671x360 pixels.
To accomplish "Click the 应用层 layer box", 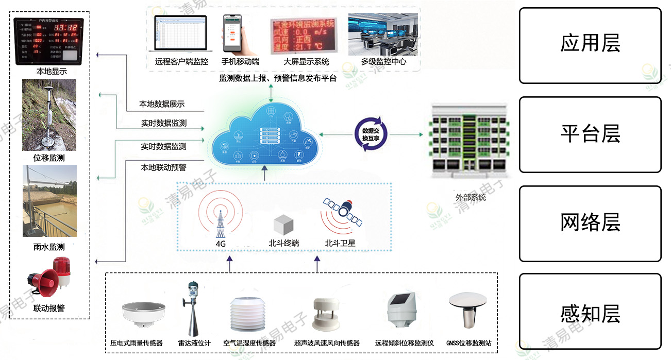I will tap(590, 45).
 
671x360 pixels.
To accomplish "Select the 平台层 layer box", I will tap(590, 134).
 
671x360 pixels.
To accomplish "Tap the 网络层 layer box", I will tap(590, 224).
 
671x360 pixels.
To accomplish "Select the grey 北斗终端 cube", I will tap(283, 225).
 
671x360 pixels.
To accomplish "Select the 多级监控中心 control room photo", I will tap(383, 34).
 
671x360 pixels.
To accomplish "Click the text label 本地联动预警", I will tap(163, 167).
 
